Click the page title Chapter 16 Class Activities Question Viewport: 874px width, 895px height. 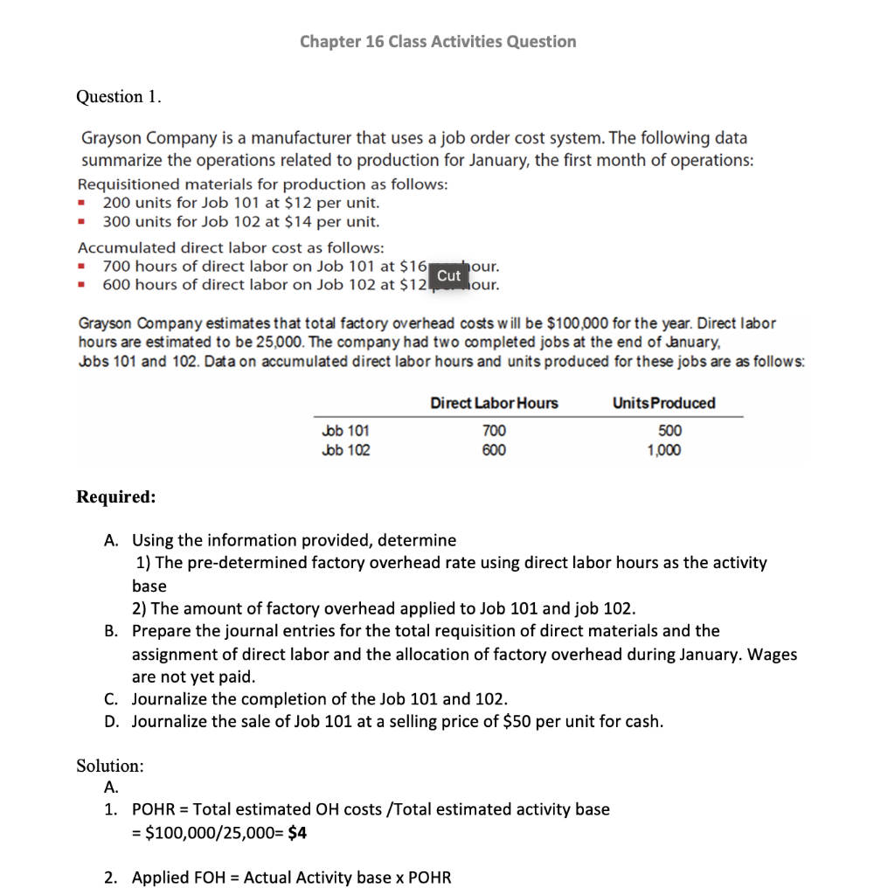click(x=437, y=41)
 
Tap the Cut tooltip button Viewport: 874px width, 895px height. click(x=448, y=275)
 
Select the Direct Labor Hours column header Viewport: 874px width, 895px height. click(x=494, y=403)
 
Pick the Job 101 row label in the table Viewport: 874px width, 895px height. click(x=346, y=430)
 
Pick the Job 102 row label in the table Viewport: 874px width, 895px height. click(x=346, y=450)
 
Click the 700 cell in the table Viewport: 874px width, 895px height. click(x=494, y=430)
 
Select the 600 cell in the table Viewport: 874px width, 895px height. click(x=494, y=450)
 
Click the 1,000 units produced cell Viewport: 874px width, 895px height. click(x=664, y=450)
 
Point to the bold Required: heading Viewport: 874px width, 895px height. click(x=116, y=496)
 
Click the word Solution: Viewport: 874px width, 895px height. click(x=110, y=766)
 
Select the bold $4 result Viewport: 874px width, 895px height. click(x=297, y=833)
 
